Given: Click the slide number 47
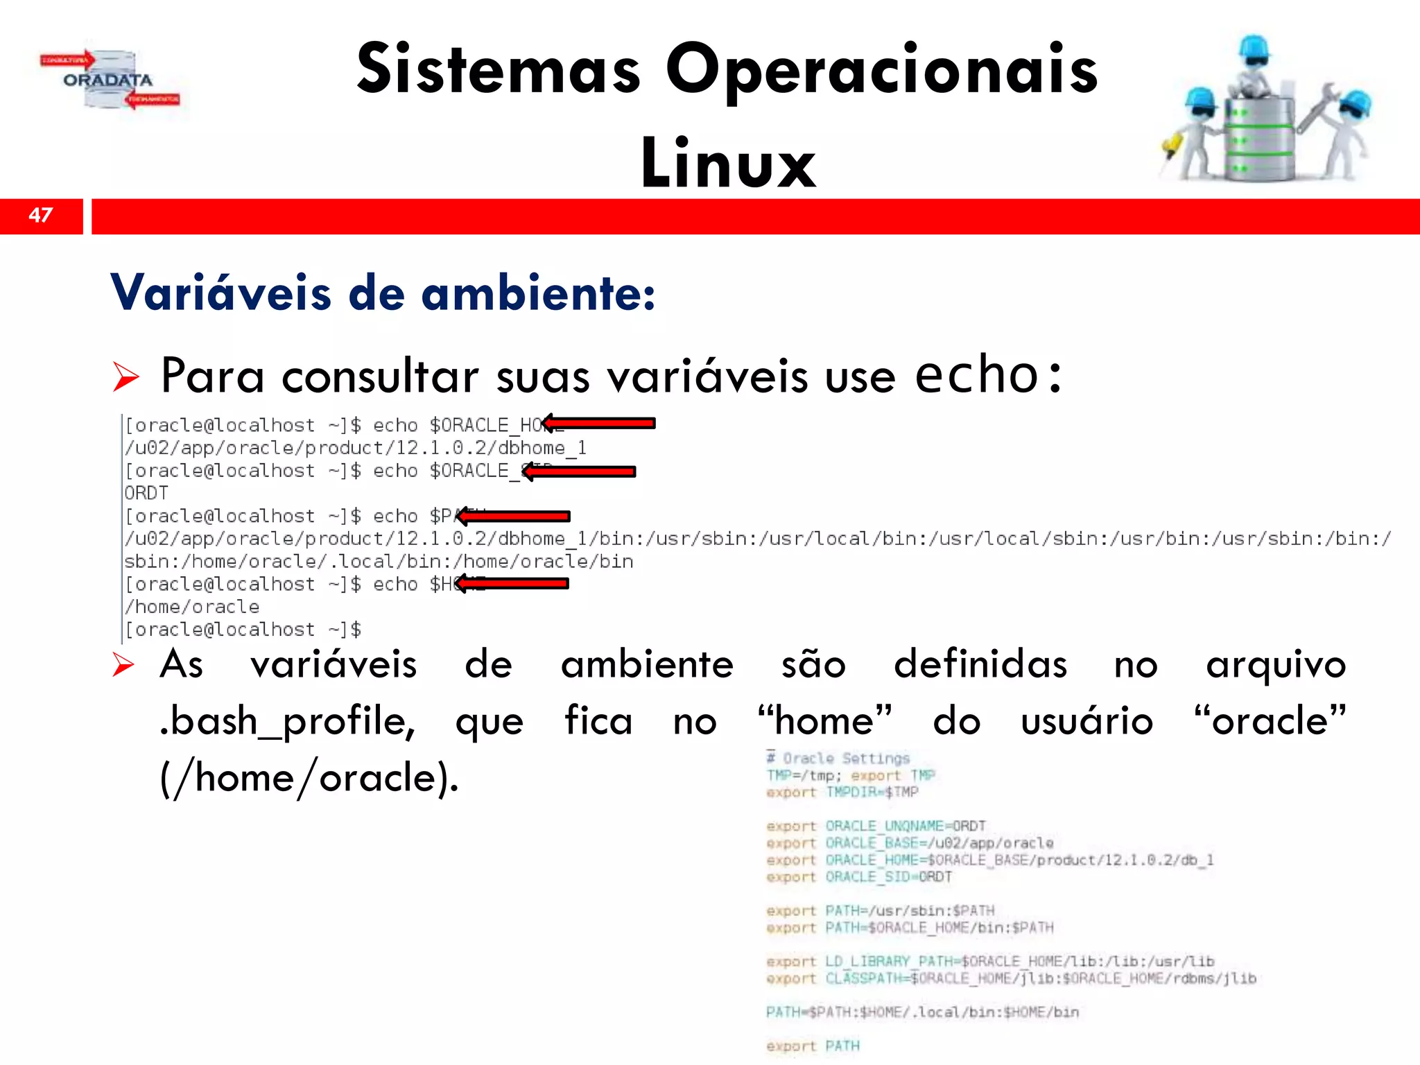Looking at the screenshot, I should click(41, 215).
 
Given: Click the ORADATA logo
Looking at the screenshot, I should click(108, 80).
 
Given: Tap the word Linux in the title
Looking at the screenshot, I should click(728, 164).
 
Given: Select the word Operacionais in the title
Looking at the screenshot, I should click(881, 70).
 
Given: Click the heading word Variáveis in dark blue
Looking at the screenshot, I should click(220, 293).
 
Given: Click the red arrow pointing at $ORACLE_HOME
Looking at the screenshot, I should click(599, 423).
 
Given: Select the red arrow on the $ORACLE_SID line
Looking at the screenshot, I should click(579, 471).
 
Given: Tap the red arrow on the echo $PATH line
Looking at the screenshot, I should click(513, 516).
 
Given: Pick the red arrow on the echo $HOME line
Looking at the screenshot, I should click(512, 584).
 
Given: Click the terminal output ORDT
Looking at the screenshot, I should click(146, 493).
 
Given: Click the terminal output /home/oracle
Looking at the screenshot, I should click(192, 607).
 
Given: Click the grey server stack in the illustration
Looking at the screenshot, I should click(1259, 139).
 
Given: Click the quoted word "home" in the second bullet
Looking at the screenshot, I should click(825, 721).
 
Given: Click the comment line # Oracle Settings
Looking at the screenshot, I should click(838, 758).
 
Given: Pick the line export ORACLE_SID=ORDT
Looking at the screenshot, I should click(859, 877).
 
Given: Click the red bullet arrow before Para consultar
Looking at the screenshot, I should click(126, 376).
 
